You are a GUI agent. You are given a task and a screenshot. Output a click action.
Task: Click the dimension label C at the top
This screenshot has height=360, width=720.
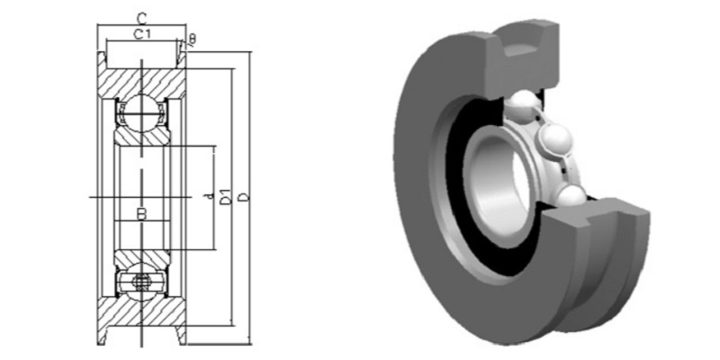coord(141,17)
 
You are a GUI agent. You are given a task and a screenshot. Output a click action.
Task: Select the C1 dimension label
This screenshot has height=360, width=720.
coord(141,34)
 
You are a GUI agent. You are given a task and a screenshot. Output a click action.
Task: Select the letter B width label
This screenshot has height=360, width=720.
coord(140,214)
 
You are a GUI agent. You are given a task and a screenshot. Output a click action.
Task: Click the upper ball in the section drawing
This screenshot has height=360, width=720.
coord(141,112)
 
